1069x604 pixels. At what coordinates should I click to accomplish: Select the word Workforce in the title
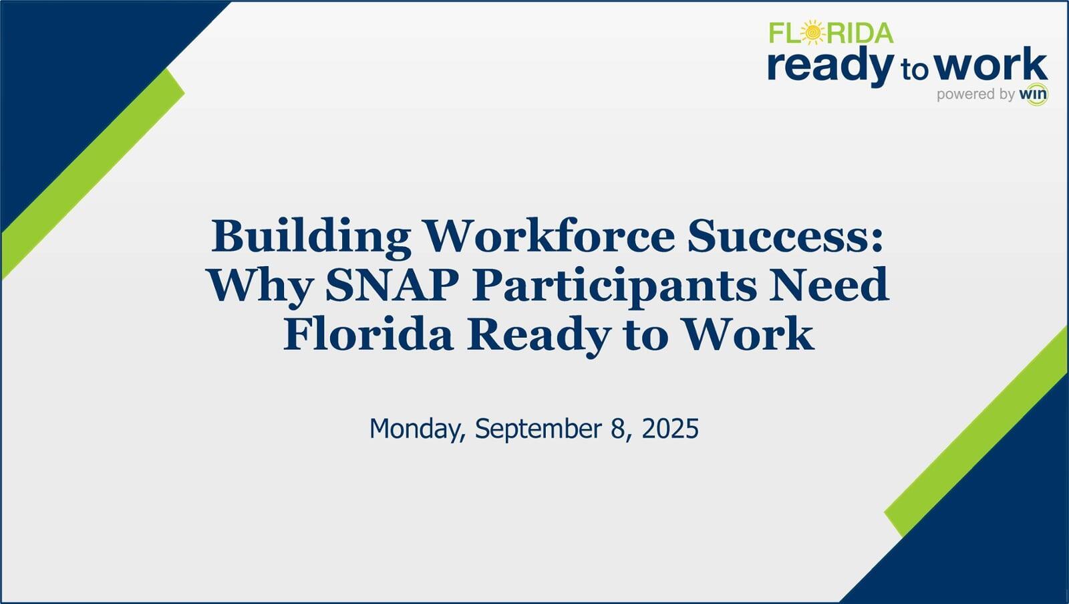point(549,236)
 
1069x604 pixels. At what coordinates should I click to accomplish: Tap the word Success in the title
point(783,236)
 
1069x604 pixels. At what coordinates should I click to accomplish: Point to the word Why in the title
point(259,286)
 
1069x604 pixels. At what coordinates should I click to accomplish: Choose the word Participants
point(615,286)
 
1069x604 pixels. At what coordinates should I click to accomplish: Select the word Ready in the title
point(539,334)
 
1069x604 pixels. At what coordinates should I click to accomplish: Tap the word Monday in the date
point(417,429)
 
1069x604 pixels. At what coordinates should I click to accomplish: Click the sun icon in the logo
point(812,32)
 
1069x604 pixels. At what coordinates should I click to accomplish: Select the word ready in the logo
point(830,66)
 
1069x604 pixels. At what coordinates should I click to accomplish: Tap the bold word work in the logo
point(991,65)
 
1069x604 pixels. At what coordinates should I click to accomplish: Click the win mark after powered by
point(1033,94)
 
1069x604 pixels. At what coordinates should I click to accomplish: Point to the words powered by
point(975,94)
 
